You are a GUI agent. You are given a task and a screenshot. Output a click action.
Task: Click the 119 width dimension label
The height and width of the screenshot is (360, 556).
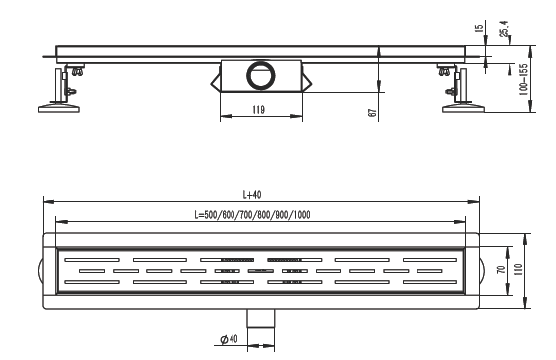click(x=259, y=110)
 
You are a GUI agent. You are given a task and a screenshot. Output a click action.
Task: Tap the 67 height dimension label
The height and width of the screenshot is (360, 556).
click(x=372, y=113)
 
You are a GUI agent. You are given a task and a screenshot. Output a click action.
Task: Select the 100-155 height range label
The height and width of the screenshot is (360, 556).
click(x=523, y=80)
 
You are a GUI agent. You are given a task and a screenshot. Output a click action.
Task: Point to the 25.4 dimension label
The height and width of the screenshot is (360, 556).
click(x=504, y=28)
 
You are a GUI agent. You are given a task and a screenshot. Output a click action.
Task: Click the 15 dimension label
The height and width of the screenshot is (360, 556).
click(x=479, y=28)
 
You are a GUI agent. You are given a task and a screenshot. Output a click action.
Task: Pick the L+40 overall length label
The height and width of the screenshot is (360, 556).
click(x=252, y=194)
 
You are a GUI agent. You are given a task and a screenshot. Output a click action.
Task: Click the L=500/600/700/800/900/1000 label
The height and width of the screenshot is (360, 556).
click(x=252, y=215)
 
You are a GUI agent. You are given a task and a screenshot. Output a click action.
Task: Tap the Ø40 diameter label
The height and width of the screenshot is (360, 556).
click(x=229, y=339)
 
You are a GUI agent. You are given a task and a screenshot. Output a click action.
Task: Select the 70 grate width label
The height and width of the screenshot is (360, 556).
click(x=501, y=269)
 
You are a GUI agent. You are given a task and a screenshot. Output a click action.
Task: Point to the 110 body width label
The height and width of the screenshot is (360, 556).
click(x=518, y=270)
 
